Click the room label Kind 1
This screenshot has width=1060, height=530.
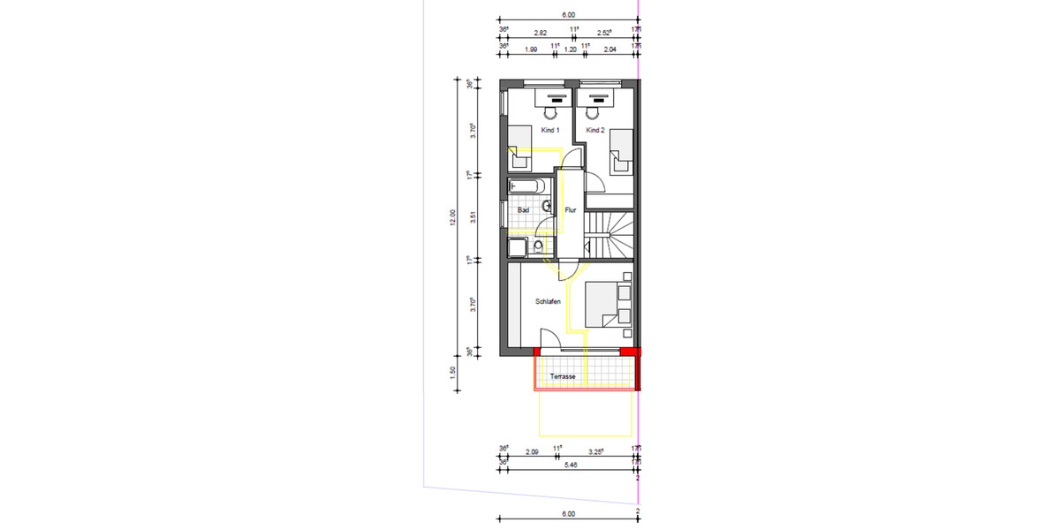[x=550, y=131]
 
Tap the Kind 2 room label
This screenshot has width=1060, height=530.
[x=595, y=131]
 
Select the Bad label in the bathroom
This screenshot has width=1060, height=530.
[x=523, y=210]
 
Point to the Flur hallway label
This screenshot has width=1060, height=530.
[x=571, y=210]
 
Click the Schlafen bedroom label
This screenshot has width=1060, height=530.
[x=548, y=302]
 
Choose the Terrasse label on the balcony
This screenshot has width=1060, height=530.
[x=563, y=377]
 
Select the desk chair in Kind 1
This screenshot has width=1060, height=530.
[x=550, y=113]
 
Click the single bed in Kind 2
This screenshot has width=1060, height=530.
[x=623, y=153]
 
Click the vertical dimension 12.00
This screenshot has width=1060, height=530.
[x=453, y=216]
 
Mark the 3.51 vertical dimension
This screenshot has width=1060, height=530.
[x=474, y=216]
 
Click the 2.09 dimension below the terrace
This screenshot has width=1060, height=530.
[x=532, y=452]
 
